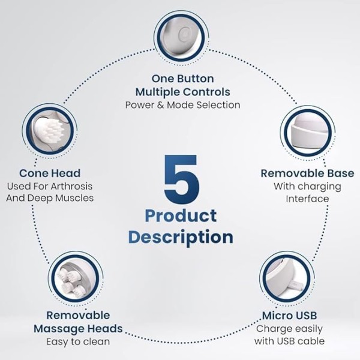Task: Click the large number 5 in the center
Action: pyautogui.click(x=181, y=179)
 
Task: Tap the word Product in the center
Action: pyautogui.click(x=181, y=216)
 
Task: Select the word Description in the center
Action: pyautogui.click(x=181, y=238)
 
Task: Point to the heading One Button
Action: pyautogui.click(x=183, y=79)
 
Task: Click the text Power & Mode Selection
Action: pyautogui.click(x=183, y=105)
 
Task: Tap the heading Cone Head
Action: pyautogui.click(x=50, y=173)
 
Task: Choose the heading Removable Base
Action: pyautogui.click(x=307, y=173)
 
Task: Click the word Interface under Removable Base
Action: pyautogui.click(x=307, y=199)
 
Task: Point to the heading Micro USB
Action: pyautogui.click(x=290, y=316)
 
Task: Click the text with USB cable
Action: pyautogui.click(x=290, y=341)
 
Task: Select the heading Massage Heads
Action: pyautogui.click(x=78, y=329)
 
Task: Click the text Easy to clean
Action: pyautogui.click(x=78, y=342)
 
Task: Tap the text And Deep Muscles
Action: pyautogui.click(x=50, y=198)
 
